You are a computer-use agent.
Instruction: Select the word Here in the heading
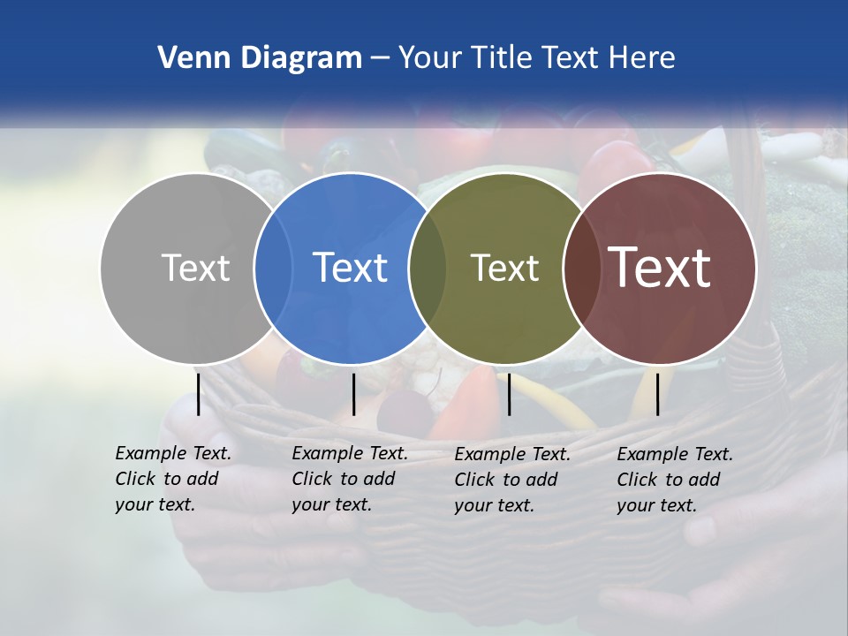tap(641, 58)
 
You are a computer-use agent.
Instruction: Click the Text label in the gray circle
tap(195, 268)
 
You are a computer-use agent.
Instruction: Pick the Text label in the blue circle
tap(350, 268)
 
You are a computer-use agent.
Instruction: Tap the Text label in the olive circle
tap(504, 268)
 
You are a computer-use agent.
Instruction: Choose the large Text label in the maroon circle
tap(659, 268)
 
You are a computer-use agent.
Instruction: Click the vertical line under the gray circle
tap(198, 394)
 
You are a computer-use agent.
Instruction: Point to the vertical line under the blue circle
tap(353, 394)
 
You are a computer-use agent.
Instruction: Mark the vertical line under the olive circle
tap(509, 394)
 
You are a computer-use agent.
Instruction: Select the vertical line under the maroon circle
tap(657, 394)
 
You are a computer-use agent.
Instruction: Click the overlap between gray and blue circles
tap(273, 269)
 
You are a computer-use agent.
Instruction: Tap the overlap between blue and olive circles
tap(428, 269)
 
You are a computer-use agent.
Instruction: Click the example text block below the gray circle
tap(173, 479)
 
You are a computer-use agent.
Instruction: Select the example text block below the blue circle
tap(350, 479)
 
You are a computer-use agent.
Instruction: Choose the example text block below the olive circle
tap(512, 480)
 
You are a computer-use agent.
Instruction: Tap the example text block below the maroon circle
tap(675, 480)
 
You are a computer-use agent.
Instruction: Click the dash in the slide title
tap(380, 58)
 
